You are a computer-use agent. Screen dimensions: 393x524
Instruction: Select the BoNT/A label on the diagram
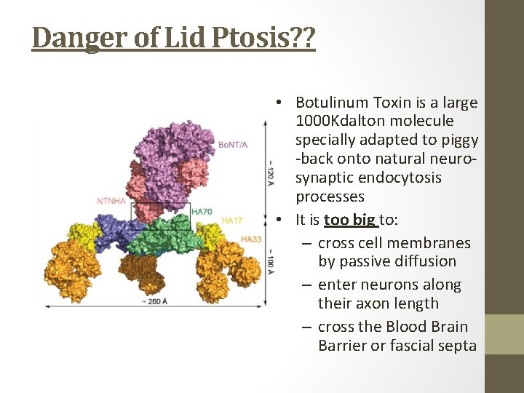(x=233, y=145)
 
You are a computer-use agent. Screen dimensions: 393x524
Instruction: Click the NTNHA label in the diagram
(x=112, y=200)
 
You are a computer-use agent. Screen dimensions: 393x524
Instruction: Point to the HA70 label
(x=202, y=212)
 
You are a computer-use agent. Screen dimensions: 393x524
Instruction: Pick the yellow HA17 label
(x=232, y=221)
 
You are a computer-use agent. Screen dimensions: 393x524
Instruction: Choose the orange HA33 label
(x=251, y=239)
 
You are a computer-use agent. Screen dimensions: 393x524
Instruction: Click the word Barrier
(x=342, y=346)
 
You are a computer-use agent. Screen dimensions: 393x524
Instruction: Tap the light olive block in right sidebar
(x=504, y=334)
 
